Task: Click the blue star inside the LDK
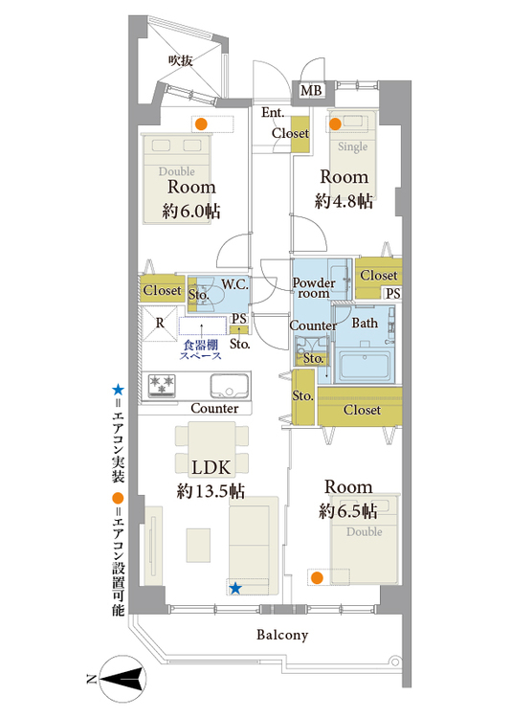(x=235, y=588)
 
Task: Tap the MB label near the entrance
(x=311, y=90)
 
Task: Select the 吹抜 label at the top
(x=181, y=60)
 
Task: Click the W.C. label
(x=234, y=284)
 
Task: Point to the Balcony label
(x=282, y=635)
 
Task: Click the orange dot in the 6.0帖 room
(x=201, y=123)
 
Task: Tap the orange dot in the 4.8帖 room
(x=335, y=123)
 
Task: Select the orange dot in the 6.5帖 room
(x=317, y=578)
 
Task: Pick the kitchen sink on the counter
(x=230, y=386)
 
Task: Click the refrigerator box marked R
(x=160, y=324)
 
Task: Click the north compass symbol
(x=122, y=679)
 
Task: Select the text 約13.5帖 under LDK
(x=211, y=491)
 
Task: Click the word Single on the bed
(x=352, y=146)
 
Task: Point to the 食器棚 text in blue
(x=201, y=346)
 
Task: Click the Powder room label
(x=314, y=288)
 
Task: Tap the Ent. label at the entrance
(x=273, y=112)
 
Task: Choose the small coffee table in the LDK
(x=198, y=546)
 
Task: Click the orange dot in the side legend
(x=118, y=498)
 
